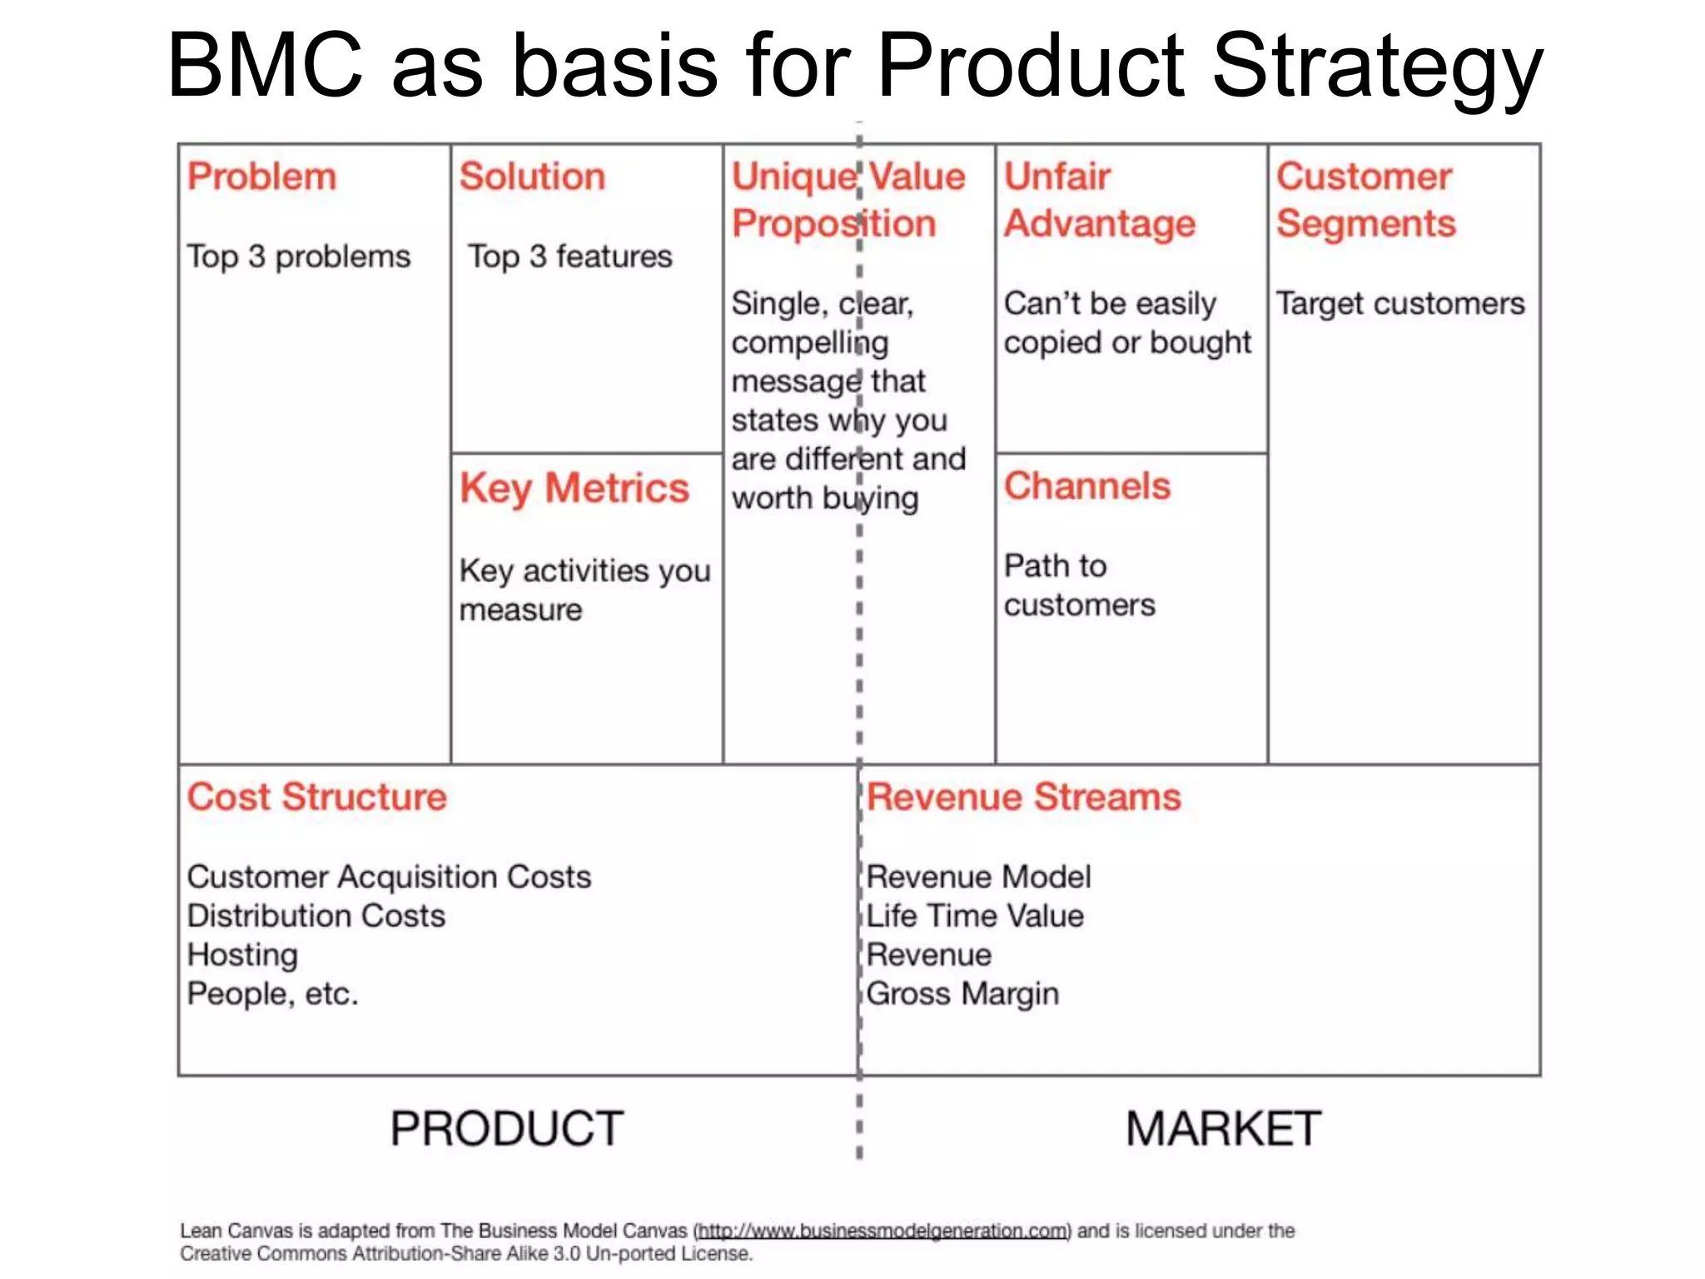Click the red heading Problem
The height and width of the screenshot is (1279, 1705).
click(x=261, y=177)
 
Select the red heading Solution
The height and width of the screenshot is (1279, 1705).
click(x=532, y=177)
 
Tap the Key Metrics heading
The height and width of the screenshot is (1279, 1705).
click(x=574, y=488)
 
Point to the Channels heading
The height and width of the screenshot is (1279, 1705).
click(x=1086, y=486)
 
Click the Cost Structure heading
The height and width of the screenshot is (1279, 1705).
click(x=316, y=797)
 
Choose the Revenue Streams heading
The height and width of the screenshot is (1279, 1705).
click(x=1023, y=797)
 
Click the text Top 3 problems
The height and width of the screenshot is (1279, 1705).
click(x=298, y=256)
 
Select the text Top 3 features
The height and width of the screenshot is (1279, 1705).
click(x=569, y=256)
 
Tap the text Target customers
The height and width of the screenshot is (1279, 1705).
click(x=1400, y=304)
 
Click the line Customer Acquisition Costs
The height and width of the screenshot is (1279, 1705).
click(x=389, y=877)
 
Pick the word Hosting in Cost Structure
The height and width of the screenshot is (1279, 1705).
click(x=242, y=955)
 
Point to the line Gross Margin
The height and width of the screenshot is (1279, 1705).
click(x=962, y=993)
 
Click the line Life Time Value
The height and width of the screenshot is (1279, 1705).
click(x=975, y=916)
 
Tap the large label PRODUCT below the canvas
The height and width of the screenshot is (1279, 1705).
click(x=507, y=1129)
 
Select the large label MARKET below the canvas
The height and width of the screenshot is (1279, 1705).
click(x=1223, y=1129)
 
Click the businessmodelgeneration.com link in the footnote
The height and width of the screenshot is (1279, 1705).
click(x=882, y=1231)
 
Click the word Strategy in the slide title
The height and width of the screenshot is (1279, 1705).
click(x=1377, y=67)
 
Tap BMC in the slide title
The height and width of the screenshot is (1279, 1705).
click(x=266, y=67)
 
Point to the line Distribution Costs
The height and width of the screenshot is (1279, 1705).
click(x=316, y=916)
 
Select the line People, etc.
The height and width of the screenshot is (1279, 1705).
click(x=272, y=993)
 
